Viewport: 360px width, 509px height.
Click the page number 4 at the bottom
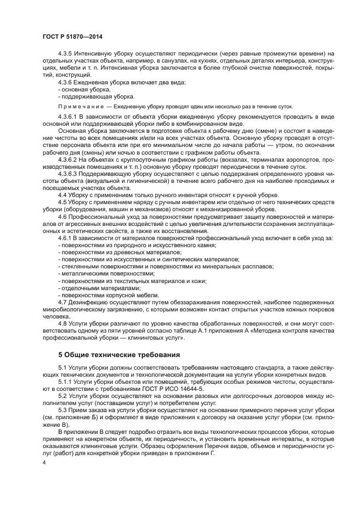44,462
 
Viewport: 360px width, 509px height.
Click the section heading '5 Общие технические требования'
119,355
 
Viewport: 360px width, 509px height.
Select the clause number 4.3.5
66,53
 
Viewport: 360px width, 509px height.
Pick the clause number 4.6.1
66,237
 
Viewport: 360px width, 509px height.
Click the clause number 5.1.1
66,383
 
